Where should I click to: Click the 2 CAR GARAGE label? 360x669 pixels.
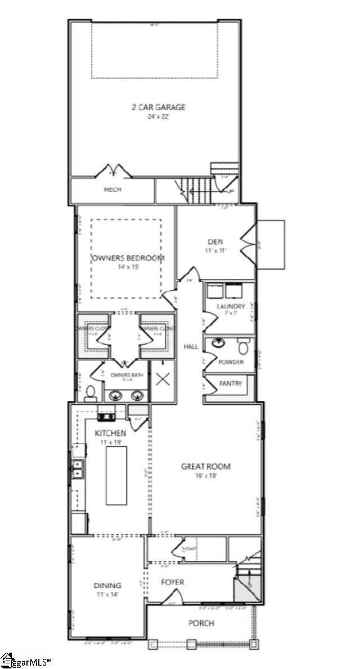(158, 107)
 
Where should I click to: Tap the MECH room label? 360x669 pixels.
(112, 189)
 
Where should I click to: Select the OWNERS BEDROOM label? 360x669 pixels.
(128, 258)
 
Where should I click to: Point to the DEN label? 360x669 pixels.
(215, 242)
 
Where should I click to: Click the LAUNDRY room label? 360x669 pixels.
(231, 306)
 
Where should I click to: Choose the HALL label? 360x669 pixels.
(191, 347)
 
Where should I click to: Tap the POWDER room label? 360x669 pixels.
(231, 362)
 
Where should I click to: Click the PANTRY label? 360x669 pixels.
(231, 384)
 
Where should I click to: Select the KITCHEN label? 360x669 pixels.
(110, 433)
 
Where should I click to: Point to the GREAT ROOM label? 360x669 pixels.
(206, 466)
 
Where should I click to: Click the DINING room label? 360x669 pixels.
(107, 585)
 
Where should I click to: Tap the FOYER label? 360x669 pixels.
(172, 582)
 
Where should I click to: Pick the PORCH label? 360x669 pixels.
(201, 623)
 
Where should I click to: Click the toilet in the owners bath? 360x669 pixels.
(90, 393)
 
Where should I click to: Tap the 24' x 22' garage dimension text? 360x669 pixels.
(158, 117)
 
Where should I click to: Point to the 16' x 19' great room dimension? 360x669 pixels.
(206, 476)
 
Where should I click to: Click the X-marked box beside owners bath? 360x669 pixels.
(163, 378)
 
